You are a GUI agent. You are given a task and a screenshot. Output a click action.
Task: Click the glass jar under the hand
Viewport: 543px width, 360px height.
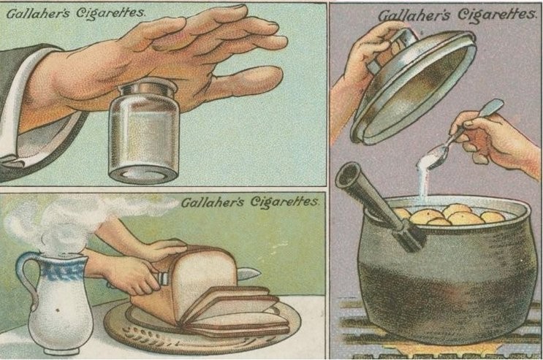(144, 131)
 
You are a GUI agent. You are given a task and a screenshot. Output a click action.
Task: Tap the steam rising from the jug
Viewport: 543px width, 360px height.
(69, 221)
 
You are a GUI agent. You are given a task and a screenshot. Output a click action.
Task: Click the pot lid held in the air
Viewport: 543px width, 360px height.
(412, 87)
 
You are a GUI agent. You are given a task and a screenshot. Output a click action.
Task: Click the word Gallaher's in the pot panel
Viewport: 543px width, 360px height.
(415, 15)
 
